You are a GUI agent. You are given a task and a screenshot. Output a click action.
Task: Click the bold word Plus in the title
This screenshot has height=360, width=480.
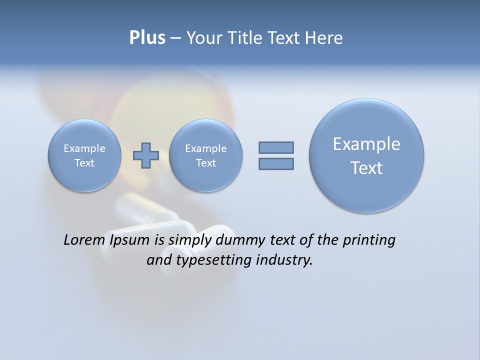[147, 38]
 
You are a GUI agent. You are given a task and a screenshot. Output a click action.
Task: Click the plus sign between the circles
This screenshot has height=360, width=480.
[145, 155]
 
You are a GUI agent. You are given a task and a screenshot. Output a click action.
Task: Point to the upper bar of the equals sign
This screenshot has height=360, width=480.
[276, 147]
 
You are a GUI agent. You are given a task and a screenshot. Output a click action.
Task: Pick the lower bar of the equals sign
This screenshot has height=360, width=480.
[276, 163]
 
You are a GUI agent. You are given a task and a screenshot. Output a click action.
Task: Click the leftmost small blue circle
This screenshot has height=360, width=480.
[84, 155]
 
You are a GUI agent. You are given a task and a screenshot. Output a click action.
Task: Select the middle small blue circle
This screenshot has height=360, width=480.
[205, 155]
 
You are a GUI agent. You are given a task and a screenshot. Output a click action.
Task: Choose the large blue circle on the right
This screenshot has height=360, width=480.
[366, 155]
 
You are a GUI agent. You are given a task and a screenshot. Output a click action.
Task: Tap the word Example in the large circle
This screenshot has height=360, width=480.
[366, 144]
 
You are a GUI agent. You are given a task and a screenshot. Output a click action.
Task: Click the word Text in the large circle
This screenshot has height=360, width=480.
[366, 168]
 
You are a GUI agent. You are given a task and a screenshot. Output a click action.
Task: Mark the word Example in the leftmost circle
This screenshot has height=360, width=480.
[84, 148]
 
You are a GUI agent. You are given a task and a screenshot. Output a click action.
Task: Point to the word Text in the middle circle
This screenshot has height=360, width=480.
[205, 163]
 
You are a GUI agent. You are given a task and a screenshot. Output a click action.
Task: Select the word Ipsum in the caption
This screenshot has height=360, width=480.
[129, 240]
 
